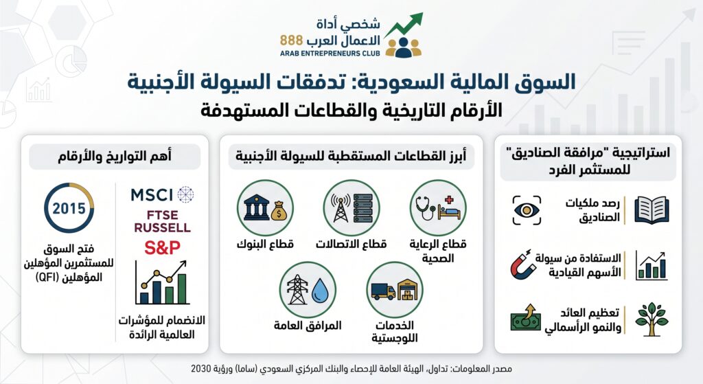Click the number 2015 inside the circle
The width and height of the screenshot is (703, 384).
click(x=69, y=208)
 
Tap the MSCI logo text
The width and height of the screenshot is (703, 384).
click(x=152, y=195)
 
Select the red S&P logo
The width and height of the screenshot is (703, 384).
click(x=162, y=247)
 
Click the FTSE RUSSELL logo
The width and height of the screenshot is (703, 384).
click(x=162, y=221)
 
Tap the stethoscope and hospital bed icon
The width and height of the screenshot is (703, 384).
click(x=438, y=207)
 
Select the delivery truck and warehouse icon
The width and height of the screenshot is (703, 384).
click(x=395, y=290)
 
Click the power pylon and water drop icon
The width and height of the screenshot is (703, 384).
click(x=308, y=290)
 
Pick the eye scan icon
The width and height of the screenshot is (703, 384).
click(x=527, y=210)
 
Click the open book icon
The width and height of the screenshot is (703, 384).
click(x=652, y=210)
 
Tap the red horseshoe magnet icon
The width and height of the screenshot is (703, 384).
click(x=523, y=264)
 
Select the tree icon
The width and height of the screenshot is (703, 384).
click(x=652, y=319)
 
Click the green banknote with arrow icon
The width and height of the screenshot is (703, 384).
click(x=526, y=317)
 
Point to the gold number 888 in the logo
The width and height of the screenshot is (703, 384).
click(x=291, y=41)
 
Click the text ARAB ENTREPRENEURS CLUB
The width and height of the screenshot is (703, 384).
click(x=330, y=54)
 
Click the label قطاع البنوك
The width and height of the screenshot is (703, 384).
click(x=265, y=244)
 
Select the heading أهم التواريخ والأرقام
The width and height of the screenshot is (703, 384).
click(x=115, y=156)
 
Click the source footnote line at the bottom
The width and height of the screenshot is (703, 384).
click(x=351, y=369)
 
